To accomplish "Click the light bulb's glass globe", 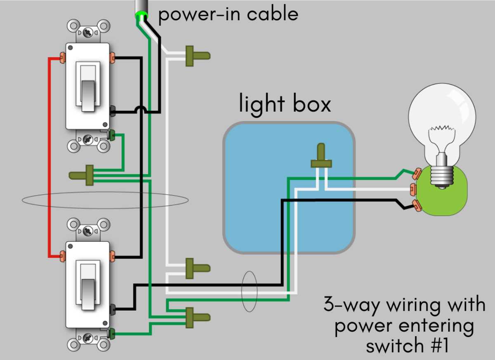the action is [442, 119].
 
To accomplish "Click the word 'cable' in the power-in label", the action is [273, 14].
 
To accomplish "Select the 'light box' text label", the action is [285, 104].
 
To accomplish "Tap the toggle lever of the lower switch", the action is [88, 294].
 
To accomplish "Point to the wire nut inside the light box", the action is [321, 155].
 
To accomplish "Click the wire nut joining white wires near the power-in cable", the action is [198, 56].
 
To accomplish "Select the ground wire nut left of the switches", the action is [81, 175].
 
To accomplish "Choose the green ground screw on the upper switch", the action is [112, 135].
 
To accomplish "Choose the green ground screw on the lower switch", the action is [112, 334].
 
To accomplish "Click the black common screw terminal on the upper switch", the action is [113, 111].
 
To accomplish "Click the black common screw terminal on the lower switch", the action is [113, 309].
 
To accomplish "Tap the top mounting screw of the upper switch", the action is [88, 33].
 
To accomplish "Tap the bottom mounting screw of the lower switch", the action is [88, 338].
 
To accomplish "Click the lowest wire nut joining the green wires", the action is [198, 318].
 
